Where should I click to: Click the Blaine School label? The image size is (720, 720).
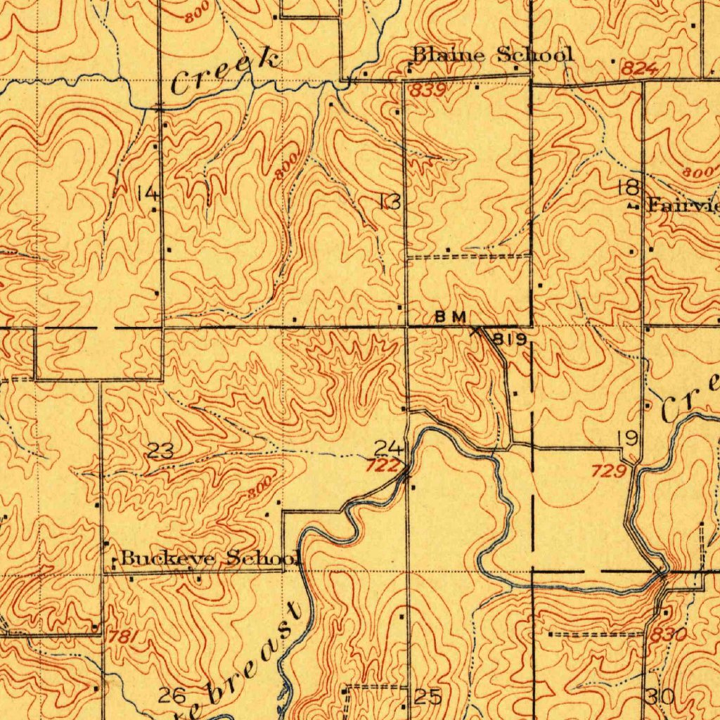(492, 54)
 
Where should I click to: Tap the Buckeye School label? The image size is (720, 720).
(210, 559)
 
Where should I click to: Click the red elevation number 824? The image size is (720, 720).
(638, 69)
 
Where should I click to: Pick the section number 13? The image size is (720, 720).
(389, 202)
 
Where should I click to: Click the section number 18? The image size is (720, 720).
(628, 187)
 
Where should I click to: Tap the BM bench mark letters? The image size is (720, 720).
(450, 317)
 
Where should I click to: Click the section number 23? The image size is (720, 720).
(161, 451)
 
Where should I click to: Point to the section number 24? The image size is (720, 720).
(389, 447)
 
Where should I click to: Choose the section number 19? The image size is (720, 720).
(627, 439)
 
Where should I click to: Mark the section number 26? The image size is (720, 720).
(172, 696)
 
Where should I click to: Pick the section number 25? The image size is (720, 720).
(427, 697)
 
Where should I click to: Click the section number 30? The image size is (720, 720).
(660, 697)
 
